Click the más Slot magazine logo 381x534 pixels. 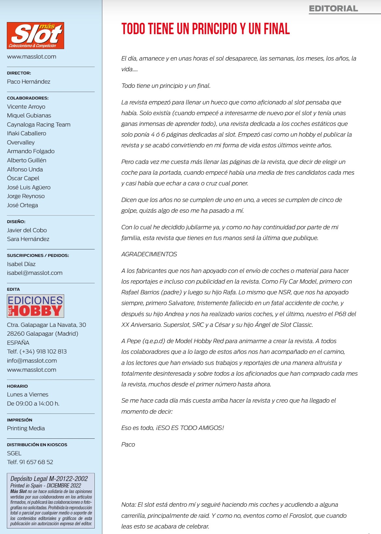pyautogui.click(x=35, y=35)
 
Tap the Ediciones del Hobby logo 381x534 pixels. pyautogui.click(x=35, y=306)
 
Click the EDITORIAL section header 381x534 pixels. pyautogui.click(x=333, y=9)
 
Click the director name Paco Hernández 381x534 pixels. pyautogui.click(x=29, y=82)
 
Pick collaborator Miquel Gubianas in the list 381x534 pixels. pyautogui.click(x=29, y=115)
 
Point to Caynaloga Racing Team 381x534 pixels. pyautogui.click(x=38, y=125)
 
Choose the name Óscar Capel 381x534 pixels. pyautogui.click(x=23, y=178)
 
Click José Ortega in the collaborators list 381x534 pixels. pyautogui.click(x=22, y=205)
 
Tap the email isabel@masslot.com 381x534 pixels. pyautogui.click(x=35, y=273)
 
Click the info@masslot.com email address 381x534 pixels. pyautogui.click(x=32, y=361)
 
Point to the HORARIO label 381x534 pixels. pyautogui.click(x=17, y=386)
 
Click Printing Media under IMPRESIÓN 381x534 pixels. pyautogui.click(x=26, y=428)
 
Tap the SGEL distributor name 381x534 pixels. pyautogui.click(x=14, y=453)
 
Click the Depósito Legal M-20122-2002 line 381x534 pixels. pyautogui.click(x=49, y=479)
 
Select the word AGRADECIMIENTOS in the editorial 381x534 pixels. pyautogui.click(x=149, y=254)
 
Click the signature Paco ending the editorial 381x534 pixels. pyautogui.click(x=128, y=445)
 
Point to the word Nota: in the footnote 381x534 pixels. pyautogui.click(x=129, y=505)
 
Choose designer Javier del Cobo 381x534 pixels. pyautogui.click(x=27, y=230)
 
